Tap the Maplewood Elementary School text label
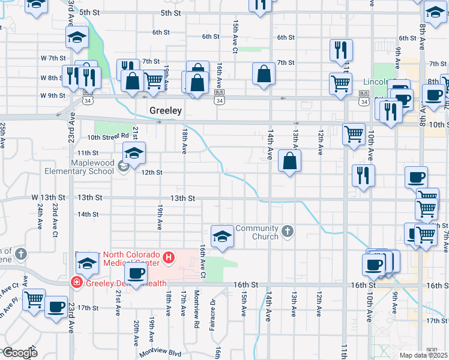click(92, 167)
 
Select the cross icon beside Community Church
click(288, 231)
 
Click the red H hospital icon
click(169, 258)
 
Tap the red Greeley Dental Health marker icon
click(77, 281)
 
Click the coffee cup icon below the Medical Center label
click(137, 273)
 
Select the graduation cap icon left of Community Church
click(222, 235)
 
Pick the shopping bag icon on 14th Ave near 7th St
click(264, 74)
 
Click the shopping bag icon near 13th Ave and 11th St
click(289, 161)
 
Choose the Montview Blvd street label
click(160, 354)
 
